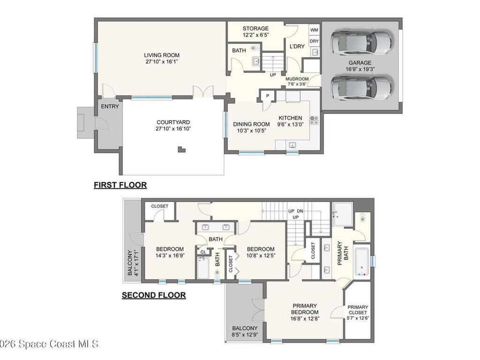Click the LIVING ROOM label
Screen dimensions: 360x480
point(162,55)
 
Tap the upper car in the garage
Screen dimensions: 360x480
point(361,43)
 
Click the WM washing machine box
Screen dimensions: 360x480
point(314,30)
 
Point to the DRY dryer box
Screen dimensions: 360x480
point(314,41)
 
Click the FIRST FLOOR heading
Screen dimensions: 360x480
point(120,185)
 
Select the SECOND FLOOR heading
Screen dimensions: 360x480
point(154,295)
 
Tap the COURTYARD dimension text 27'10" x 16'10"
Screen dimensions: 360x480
point(173,129)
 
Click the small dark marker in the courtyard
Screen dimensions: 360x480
point(181,150)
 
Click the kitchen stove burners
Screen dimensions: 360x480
point(314,120)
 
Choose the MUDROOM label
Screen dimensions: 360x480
point(297,79)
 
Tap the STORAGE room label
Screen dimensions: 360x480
point(255,29)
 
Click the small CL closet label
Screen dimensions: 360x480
point(203,252)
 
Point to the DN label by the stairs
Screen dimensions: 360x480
point(300,211)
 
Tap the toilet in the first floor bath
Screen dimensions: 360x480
point(254,48)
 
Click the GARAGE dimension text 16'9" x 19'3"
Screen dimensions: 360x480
point(360,69)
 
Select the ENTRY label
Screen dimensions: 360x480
point(110,106)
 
